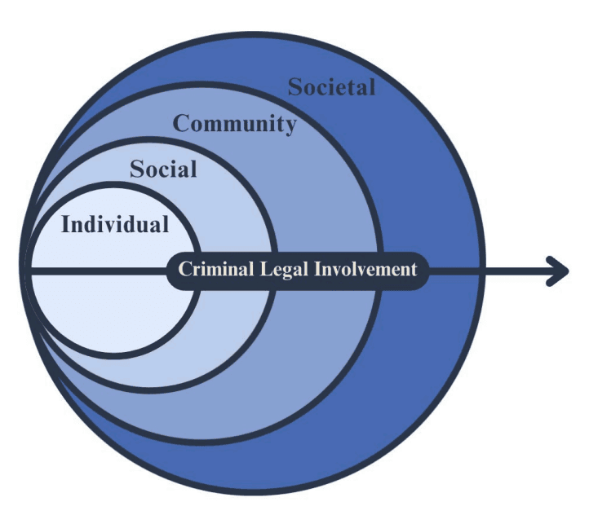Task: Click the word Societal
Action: (x=332, y=86)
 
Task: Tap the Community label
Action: (x=235, y=124)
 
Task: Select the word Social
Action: (x=164, y=169)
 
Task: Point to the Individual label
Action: (x=115, y=224)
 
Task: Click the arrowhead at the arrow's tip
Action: (x=561, y=270)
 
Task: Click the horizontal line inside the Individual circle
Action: (x=98, y=270)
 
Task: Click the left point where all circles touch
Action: (x=26, y=270)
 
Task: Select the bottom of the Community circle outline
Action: (x=203, y=444)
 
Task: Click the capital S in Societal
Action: (x=294, y=86)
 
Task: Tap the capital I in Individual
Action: (x=66, y=224)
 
